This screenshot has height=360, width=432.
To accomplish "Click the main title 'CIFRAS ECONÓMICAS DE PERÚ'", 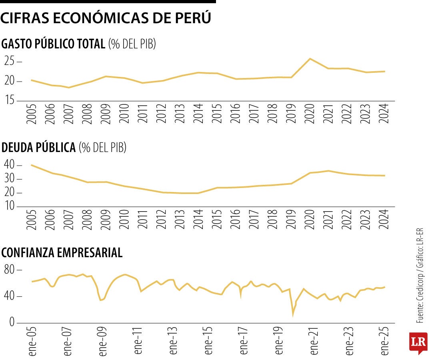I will pyautogui.click(x=106, y=18).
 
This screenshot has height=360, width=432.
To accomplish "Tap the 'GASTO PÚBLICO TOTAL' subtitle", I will pyautogui.click(x=53, y=44).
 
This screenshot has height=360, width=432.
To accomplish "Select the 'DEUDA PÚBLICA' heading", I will pyautogui.click(x=38, y=148).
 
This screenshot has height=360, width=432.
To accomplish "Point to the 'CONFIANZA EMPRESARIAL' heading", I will pyautogui.click(x=62, y=253).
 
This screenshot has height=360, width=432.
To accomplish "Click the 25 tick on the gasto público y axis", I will pyautogui.click(x=10, y=62).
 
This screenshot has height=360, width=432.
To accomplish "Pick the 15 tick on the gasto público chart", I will pyautogui.click(x=10, y=100).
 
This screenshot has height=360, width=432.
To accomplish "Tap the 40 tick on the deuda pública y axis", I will pyautogui.click(x=10, y=165).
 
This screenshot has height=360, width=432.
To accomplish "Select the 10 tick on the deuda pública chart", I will pyautogui.click(x=10, y=206).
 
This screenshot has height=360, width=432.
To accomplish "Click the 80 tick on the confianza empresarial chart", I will pyautogui.click(x=10, y=270).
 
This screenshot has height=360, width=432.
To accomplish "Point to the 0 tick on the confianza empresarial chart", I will pyautogui.click(x=12, y=322).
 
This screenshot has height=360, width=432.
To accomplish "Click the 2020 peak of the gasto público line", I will pyautogui.click(x=310, y=59).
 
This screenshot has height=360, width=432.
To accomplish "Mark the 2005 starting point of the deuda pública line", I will pyautogui.click(x=32, y=165).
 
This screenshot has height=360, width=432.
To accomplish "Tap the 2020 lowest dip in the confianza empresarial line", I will pyautogui.click(x=293, y=315).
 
